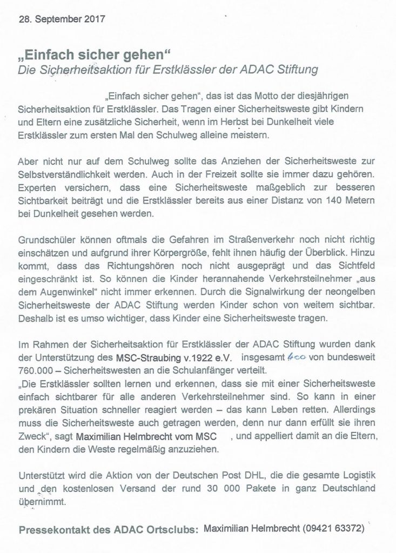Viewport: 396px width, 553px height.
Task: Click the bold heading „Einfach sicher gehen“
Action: [x=95, y=57]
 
